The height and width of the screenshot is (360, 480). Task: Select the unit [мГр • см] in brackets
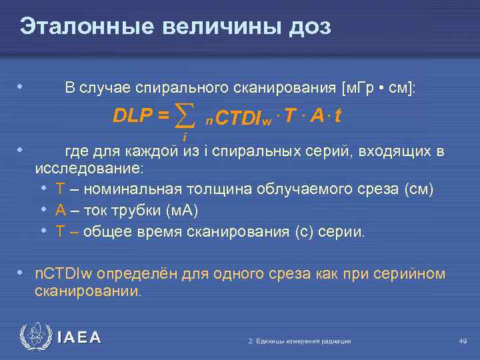click(378, 88)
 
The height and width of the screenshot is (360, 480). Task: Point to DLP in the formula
click(134, 116)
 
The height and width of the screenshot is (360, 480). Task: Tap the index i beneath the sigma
click(184, 137)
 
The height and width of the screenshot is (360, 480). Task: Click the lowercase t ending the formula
click(339, 116)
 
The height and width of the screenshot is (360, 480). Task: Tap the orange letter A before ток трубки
click(60, 211)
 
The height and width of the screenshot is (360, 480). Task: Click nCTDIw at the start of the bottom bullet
click(64, 274)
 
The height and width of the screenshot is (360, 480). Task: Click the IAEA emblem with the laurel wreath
click(34, 337)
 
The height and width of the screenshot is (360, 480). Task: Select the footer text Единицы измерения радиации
click(299, 341)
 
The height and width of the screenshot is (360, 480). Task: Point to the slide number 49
click(463, 341)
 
